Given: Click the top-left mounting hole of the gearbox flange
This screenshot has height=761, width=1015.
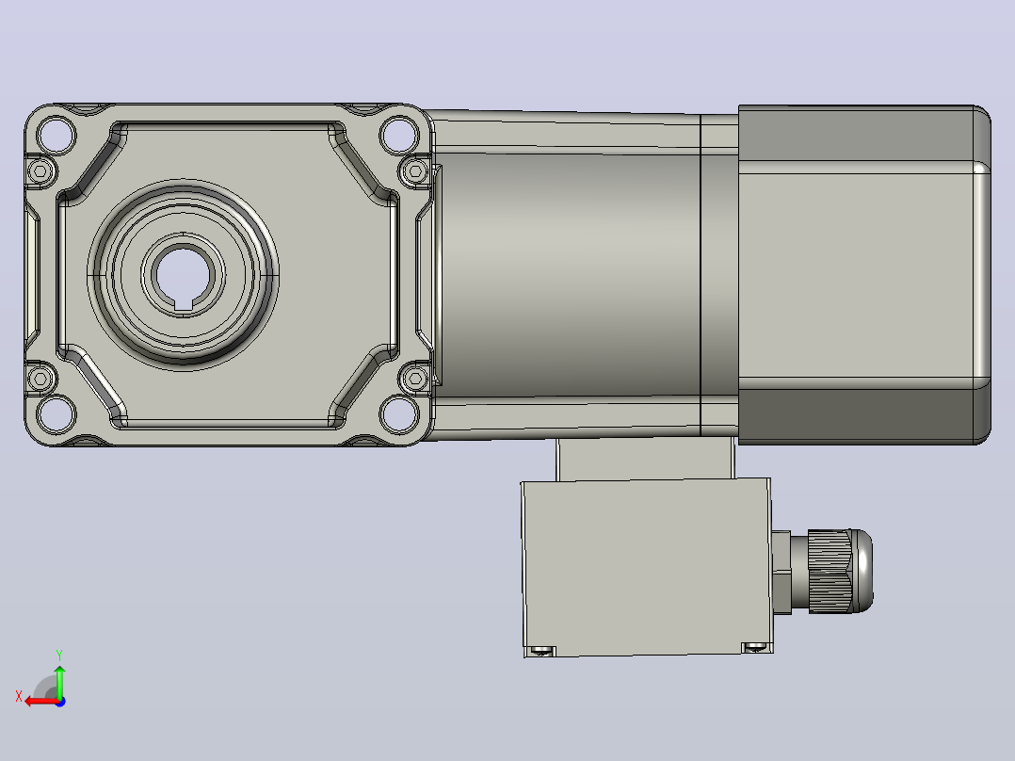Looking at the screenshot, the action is click(56, 136).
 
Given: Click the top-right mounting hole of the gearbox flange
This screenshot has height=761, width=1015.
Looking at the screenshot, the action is click(399, 136).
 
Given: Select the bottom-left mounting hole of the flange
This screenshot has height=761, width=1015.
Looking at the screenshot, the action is click(56, 414).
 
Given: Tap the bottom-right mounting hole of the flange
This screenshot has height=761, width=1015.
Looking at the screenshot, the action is click(399, 414).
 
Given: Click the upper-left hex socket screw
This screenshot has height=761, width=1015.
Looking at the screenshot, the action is click(40, 171).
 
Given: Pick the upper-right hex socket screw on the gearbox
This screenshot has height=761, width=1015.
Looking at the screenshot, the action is click(415, 171).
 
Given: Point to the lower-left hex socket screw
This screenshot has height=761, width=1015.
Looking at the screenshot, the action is click(40, 379).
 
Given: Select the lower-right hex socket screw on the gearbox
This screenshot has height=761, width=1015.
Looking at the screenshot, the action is click(415, 379).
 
